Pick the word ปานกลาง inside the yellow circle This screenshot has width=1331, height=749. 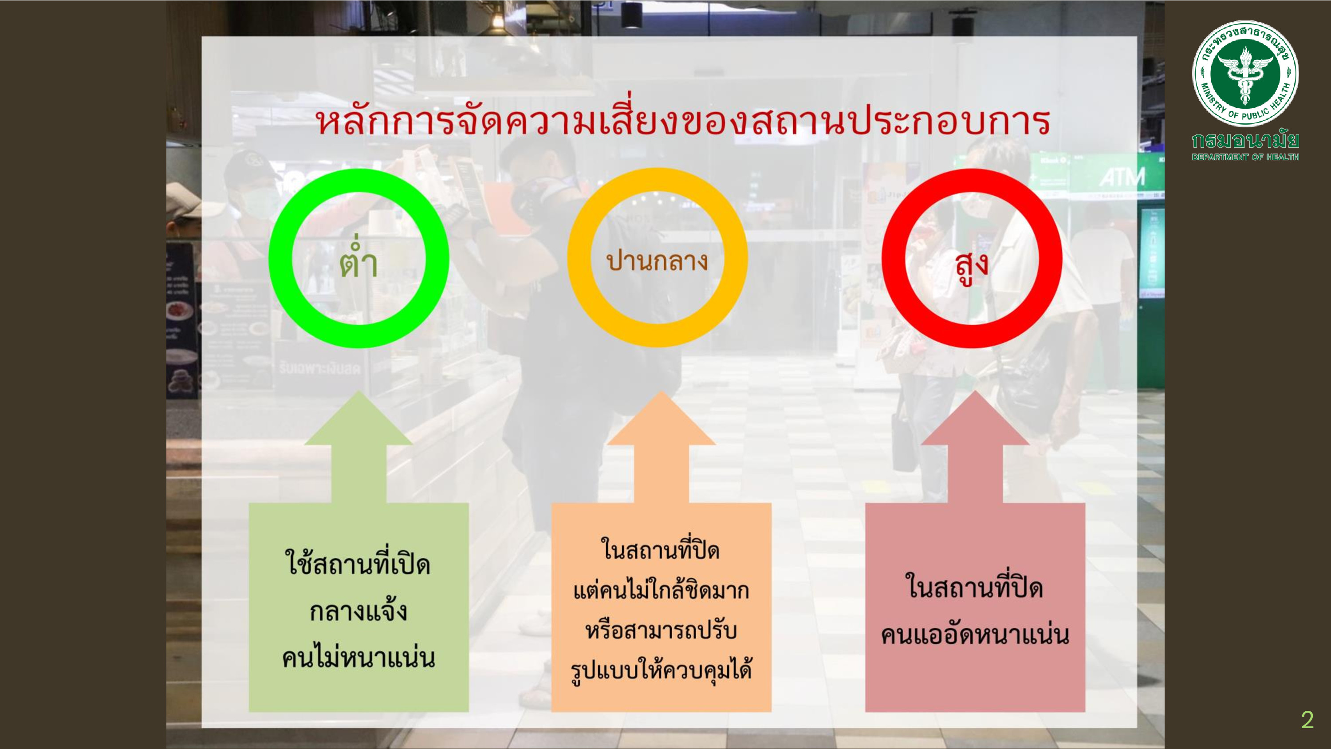pos(657,261)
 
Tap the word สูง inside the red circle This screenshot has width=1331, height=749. pos(972,266)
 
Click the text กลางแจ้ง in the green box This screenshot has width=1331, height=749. pos(358,611)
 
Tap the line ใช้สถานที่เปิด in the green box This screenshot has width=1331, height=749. pos(358,564)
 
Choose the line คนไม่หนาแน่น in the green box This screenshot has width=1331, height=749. pos(358,658)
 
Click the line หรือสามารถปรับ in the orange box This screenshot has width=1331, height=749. pos(661,630)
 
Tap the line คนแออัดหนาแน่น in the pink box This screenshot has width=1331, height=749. pos(974,634)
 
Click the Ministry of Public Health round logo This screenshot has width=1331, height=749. pos(1245,73)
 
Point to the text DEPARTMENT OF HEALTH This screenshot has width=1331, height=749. pos(1245,157)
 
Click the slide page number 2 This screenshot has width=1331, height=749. pos(1307,720)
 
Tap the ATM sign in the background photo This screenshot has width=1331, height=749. pos(1122,177)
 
